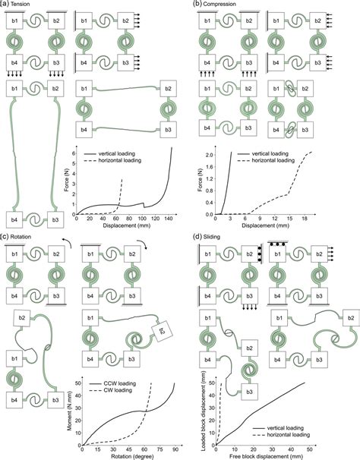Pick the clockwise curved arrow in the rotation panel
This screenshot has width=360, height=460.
point(141,242)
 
